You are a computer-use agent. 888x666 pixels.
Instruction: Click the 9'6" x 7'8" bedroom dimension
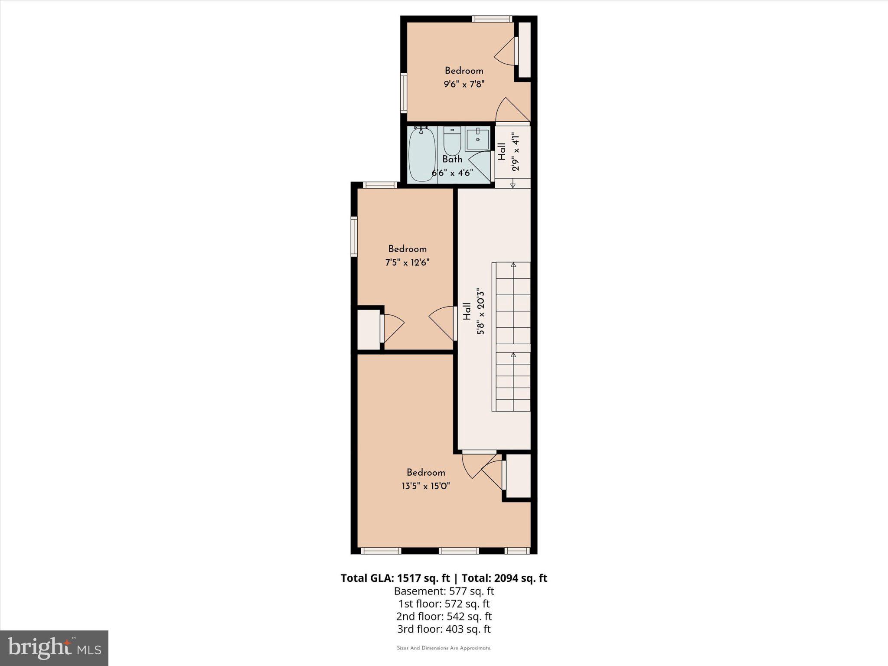pyautogui.click(x=464, y=84)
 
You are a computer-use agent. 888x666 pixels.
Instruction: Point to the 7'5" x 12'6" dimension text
pyautogui.click(x=407, y=262)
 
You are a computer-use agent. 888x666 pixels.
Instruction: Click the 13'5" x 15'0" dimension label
pyautogui.click(x=425, y=486)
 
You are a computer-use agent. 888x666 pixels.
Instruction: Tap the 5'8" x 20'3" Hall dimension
pyautogui.click(x=480, y=311)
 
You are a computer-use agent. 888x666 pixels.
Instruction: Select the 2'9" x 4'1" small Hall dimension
pyautogui.click(x=516, y=151)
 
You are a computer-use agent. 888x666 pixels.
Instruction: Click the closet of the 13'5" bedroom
pyautogui.click(x=519, y=476)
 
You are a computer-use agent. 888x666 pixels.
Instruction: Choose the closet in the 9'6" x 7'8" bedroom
pyautogui.click(x=525, y=50)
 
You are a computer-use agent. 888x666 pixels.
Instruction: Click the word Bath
pyautogui.click(x=452, y=159)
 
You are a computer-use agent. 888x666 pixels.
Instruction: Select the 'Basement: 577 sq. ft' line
pyautogui.click(x=444, y=591)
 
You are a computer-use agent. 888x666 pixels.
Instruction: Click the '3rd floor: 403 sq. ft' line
pyautogui.click(x=444, y=629)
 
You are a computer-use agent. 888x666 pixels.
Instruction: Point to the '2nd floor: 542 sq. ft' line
pyautogui.click(x=444, y=616)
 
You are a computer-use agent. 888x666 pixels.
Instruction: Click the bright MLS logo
pyautogui.click(x=54, y=648)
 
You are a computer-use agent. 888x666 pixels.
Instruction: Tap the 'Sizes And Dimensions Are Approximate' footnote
pyautogui.click(x=444, y=648)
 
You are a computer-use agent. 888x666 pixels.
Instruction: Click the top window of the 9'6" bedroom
pyautogui.click(x=492, y=19)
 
